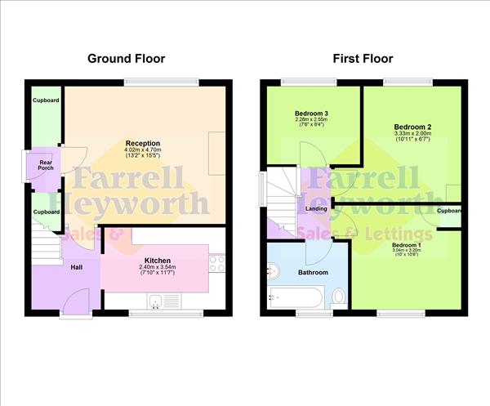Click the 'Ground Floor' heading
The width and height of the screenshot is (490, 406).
127,59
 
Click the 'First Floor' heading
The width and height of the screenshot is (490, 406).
363,59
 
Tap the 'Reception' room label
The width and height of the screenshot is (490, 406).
143,143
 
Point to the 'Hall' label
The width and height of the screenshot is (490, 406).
76,267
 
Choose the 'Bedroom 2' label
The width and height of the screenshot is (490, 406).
412,127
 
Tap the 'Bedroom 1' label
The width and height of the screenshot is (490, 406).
406,245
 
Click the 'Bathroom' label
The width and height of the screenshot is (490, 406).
313,272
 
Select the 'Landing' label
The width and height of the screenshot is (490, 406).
316,209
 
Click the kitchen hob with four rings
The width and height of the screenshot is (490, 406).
217,263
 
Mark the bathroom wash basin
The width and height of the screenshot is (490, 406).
274,270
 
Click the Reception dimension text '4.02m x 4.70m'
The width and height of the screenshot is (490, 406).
143,150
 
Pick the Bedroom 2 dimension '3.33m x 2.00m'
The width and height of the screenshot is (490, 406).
412,134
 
